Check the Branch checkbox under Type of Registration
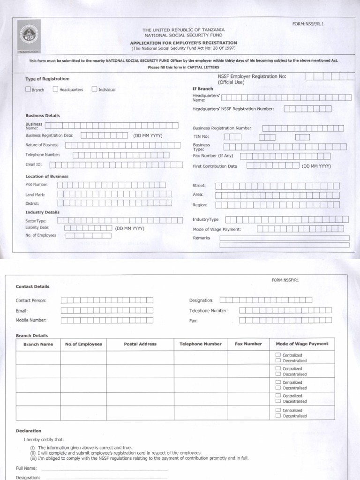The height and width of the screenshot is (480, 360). (28, 89)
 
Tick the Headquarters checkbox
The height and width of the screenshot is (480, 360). (56, 89)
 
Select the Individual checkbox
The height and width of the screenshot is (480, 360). (94, 89)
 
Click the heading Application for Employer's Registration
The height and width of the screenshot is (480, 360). (183, 42)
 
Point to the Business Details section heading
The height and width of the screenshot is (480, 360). (42, 115)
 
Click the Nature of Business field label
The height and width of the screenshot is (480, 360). (42, 145)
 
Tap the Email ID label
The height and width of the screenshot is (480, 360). (34, 165)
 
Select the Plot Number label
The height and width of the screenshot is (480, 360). (37, 185)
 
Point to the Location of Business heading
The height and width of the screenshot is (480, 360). (47, 176)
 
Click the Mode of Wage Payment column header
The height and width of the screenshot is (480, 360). (302, 344)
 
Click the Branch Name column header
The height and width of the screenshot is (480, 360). (38, 344)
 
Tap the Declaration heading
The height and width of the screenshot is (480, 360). (29, 430)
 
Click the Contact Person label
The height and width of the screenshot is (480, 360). (31, 300)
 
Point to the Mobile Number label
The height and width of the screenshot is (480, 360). (31, 320)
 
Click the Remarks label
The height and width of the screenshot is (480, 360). (202, 238)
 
